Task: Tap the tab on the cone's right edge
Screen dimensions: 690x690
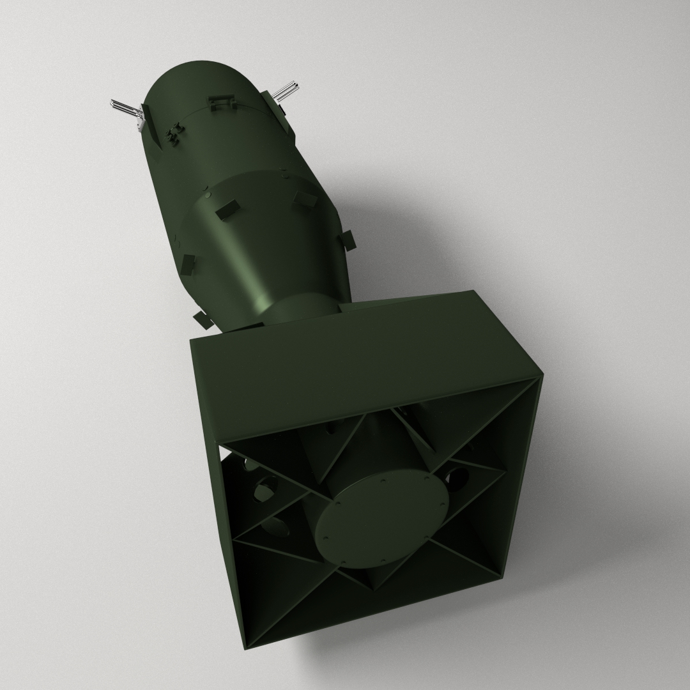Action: tap(349, 240)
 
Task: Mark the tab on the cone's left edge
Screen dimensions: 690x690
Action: tap(188, 263)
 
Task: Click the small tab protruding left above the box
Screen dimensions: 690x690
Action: tap(202, 319)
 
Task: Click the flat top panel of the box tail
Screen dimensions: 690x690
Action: tap(358, 364)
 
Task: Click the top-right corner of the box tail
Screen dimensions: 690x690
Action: tap(542, 376)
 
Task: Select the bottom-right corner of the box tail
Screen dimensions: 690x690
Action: tap(502, 578)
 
